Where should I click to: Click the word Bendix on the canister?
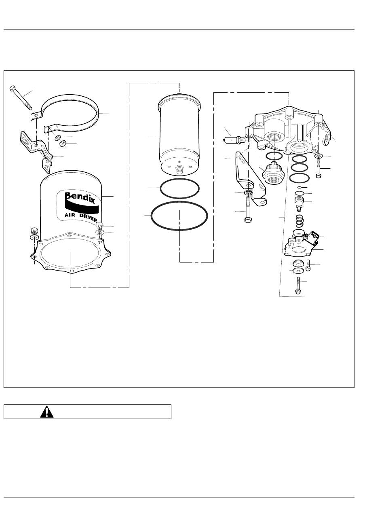point(80,197)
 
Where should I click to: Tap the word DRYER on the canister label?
point(88,218)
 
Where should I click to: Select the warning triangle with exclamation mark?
point(46,412)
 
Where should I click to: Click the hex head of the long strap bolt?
point(13,88)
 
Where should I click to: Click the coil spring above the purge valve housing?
point(299,221)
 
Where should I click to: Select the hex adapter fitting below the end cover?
point(274,174)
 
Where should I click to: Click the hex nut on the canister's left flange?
point(34,230)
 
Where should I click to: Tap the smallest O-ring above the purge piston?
point(299,187)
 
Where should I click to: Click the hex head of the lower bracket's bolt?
point(248,219)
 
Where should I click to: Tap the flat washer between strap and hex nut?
point(57,138)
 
